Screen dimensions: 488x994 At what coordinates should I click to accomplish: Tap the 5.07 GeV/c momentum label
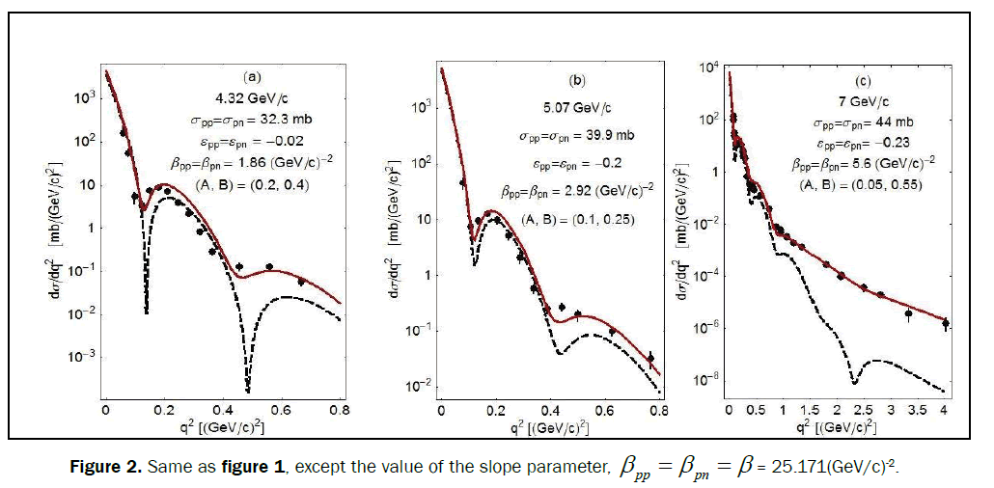point(577,108)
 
